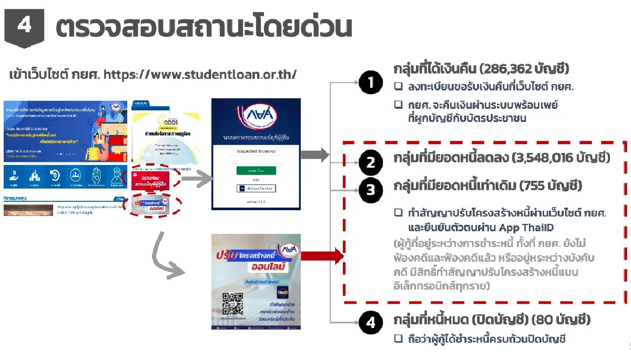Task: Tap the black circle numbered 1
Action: click(x=371, y=83)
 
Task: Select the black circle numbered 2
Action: click(x=371, y=163)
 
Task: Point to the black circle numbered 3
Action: click(x=371, y=190)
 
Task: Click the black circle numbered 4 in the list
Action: click(x=371, y=323)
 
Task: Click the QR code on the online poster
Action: click(x=233, y=303)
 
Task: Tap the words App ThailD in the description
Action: click(x=524, y=227)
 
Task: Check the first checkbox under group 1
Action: click(x=399, y=86)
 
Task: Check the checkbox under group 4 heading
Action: click(x=399, y=339)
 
